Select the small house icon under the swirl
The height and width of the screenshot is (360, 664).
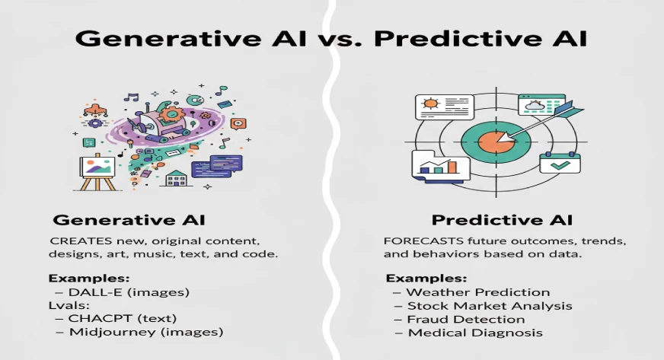click(177, 177)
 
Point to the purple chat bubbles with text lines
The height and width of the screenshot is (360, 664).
click(216, 165)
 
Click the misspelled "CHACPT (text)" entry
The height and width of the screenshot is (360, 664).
click(122, 319)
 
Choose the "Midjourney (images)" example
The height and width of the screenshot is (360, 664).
click(144, 332)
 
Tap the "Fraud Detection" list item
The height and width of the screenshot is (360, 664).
click(465, 319)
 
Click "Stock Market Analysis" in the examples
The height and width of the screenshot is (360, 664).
click(489, 306)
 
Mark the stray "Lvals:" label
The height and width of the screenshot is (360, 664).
click(69, 306)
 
